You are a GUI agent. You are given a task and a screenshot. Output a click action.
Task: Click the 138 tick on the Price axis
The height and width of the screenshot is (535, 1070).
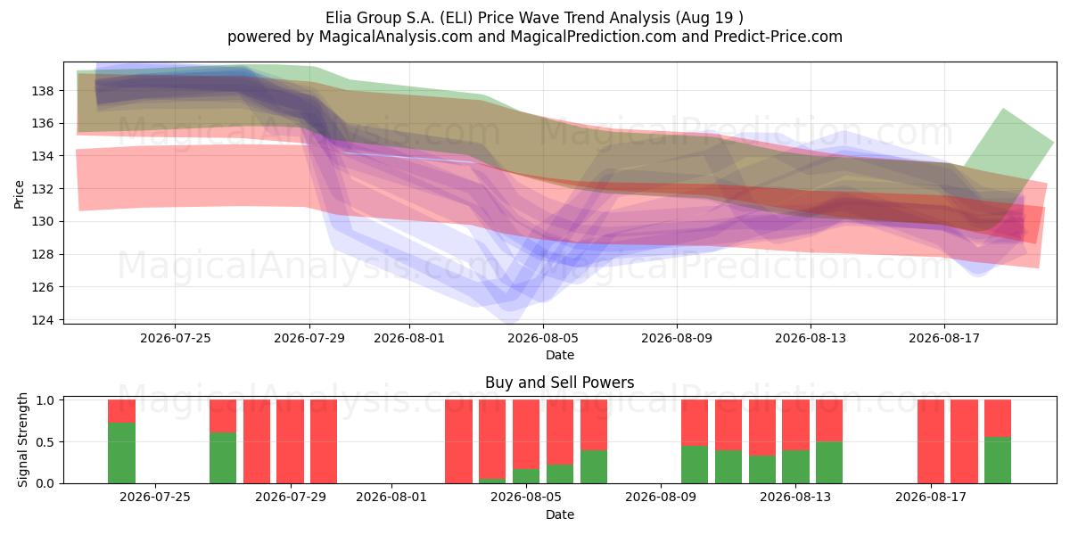pos(42,91)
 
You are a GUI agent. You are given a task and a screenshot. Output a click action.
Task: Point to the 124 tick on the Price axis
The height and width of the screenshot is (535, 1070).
pos(42,320)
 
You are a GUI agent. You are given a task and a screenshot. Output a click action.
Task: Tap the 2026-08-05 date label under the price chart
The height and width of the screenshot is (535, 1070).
pos(543,339)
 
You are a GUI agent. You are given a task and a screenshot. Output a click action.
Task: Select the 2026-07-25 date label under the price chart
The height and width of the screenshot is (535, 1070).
pos(176,339)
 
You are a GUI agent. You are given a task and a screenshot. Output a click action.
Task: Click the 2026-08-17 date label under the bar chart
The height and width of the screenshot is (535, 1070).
pos(931,498)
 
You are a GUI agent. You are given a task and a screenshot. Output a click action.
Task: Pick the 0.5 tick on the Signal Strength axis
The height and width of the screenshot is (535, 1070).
pos(45,442)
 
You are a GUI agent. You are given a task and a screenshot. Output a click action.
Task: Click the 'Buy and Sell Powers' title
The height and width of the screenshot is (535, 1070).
pos(559,383)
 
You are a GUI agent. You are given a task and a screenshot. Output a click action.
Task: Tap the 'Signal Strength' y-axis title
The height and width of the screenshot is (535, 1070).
pos(22,440)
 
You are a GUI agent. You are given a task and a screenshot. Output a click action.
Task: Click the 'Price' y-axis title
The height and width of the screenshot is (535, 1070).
pos(19,194)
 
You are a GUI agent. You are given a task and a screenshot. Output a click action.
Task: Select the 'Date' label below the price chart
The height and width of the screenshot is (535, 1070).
pos(560,355)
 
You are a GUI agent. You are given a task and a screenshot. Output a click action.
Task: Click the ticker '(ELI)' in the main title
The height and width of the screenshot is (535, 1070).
pos(457,18)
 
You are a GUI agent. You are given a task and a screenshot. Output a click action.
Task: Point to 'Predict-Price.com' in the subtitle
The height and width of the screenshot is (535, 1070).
pos(778,37)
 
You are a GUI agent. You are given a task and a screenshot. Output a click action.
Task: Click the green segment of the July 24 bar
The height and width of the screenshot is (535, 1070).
pos(121,453)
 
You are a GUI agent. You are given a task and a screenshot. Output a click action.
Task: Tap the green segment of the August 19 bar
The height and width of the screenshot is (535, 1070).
pos(998,460)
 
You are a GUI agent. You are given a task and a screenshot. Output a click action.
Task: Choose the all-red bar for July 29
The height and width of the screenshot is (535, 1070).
pos(290,441)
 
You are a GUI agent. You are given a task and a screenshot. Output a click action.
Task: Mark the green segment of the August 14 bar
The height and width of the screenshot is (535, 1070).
pos(828,463)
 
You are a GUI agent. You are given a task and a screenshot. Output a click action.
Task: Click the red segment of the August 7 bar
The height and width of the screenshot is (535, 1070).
pos(593,425)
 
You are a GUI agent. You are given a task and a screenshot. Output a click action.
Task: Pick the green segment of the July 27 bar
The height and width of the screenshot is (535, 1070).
pos(223,458)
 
